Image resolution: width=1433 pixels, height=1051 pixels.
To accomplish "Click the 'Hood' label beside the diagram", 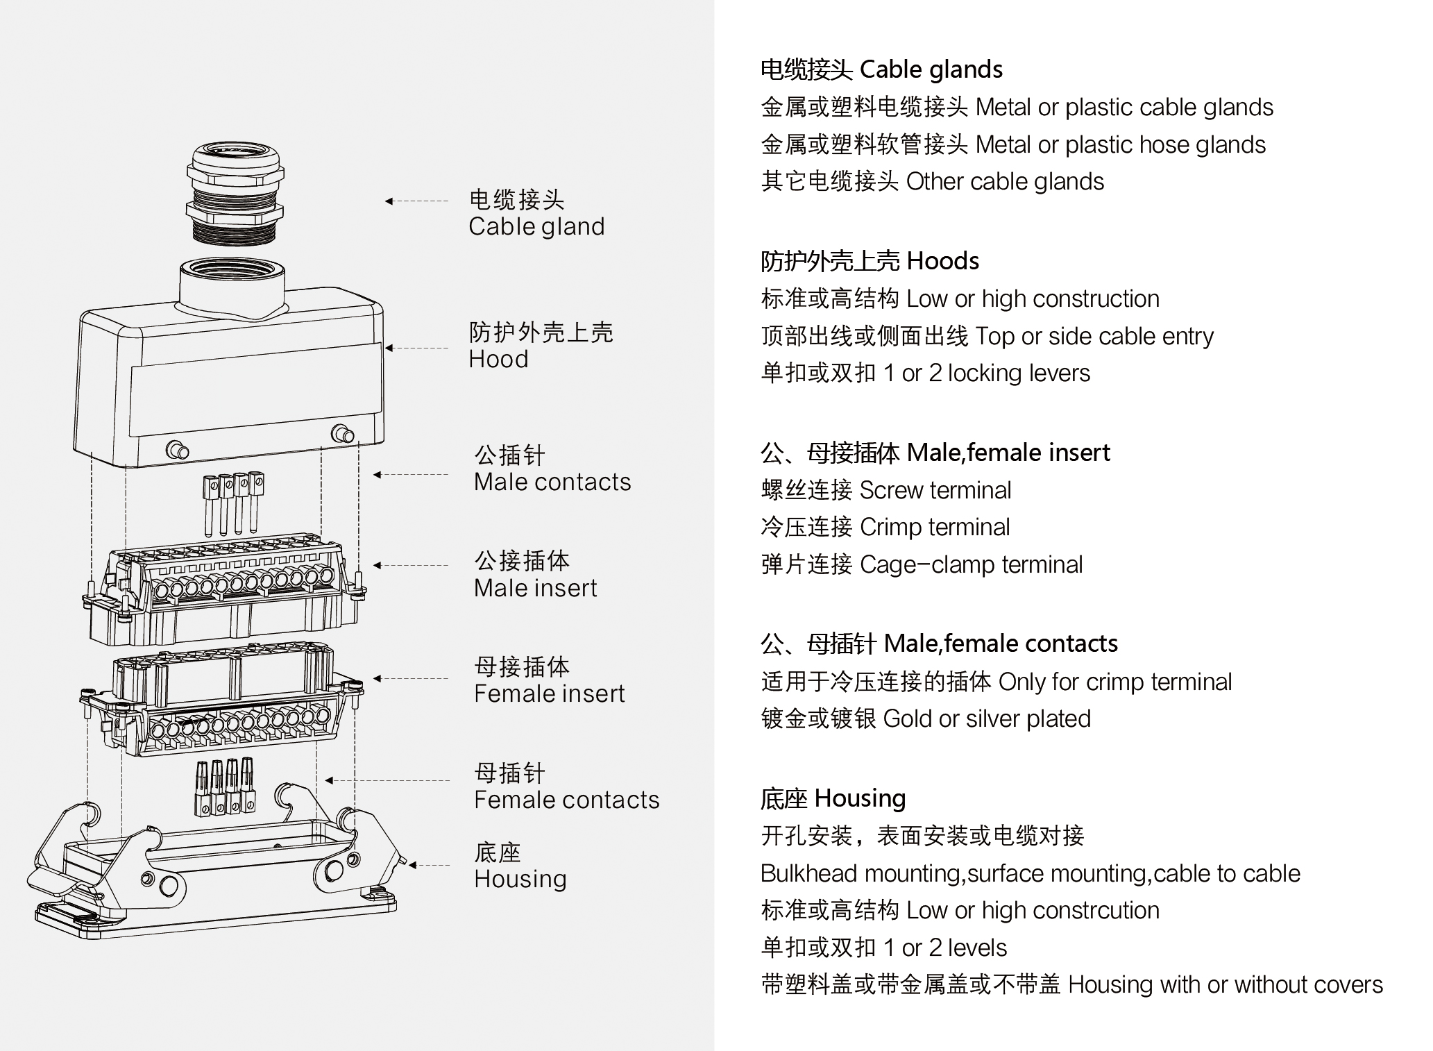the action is (x=498, y=359).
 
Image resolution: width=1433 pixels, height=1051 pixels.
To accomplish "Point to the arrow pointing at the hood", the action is (x=417, y=348).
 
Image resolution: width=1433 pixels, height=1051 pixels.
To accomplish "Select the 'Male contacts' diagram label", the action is (x=552, y=482).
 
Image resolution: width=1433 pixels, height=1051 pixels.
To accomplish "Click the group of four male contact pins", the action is (x=233, y=504).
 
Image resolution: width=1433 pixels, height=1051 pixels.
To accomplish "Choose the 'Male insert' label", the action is (x=535, y=588).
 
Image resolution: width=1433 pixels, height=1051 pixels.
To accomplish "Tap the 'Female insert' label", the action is (x=549, y=693).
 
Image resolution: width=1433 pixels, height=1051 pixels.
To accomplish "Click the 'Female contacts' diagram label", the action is (x=566, y=800).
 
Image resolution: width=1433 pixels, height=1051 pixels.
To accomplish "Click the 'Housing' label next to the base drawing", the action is (x=520, y=879).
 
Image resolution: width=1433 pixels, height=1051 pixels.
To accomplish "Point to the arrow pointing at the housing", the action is (x=430, y=865).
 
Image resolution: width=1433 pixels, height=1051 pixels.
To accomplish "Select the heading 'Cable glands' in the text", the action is (x=931, y=69).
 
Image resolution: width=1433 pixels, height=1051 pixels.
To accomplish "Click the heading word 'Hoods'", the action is (x=942, y=261).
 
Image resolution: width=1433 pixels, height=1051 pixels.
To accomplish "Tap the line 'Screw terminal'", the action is (x=935, y=490).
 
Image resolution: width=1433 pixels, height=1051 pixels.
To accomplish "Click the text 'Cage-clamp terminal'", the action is (x=971, y=564).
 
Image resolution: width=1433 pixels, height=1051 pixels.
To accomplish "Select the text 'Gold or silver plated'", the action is (x=987, y=718).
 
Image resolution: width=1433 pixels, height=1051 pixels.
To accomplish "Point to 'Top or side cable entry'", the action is (x=1094, y=337).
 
